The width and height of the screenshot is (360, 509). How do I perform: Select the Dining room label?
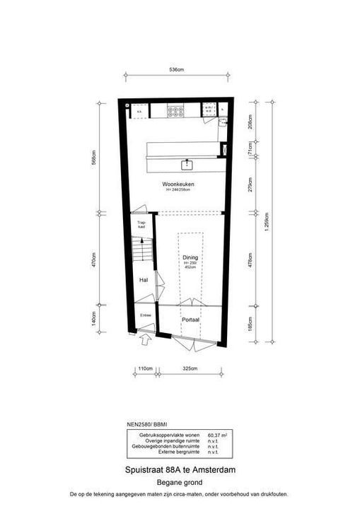pyautogui.click(x=190, y=257)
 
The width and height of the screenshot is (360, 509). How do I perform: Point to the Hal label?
pyautogui.click(x=143, y=280)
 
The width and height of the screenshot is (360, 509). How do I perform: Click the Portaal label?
pyautogui.click(x=190, y=320)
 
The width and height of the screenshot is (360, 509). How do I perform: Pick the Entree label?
pyautogui.click(x=146, y=315)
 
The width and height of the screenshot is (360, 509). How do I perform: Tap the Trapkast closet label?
pyautogui.click(x=141, y=226)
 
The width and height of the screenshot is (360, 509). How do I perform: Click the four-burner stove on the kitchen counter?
pyautogui.click(x=175, y=110)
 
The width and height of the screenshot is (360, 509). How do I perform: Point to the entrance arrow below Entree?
pyautogui.click(x=146, y=340)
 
